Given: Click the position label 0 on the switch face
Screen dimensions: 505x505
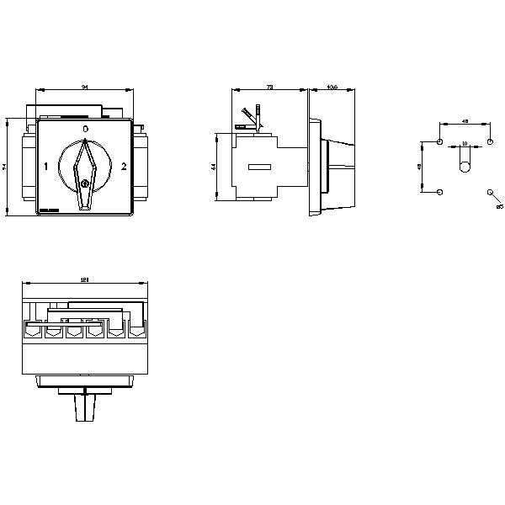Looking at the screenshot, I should coord(84,128).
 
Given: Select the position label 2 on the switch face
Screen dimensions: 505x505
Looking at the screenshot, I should coord(124,166).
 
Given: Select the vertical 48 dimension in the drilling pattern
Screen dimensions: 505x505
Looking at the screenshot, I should coord(421,167).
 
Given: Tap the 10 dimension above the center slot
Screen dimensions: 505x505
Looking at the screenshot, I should coord(465,145).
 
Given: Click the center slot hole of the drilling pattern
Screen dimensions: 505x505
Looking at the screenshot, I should coord(465,166).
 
